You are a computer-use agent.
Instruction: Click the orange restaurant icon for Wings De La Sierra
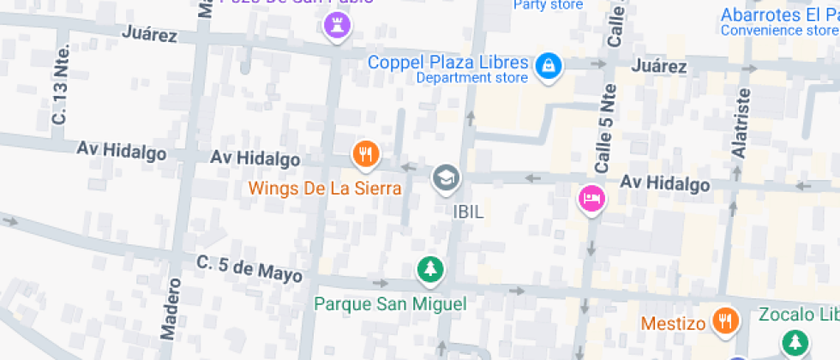(x=366, y=154)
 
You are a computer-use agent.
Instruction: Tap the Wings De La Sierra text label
(x=325, y=188)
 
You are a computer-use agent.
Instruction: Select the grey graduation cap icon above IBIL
(x=446, y=178)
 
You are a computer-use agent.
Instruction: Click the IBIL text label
(x=468, y=211)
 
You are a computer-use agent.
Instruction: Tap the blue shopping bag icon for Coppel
(x=547, y=64)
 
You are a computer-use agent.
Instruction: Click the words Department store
(x=471, y=79)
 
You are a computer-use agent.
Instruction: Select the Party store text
(x=548, y=5)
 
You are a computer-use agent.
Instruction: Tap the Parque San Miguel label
(x=390, y=303)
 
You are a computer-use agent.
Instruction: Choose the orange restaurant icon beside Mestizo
(x=725, y=321)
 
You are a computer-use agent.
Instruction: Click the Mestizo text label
(x=674, y=324)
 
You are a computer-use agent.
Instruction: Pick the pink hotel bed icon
(x=591, y=199)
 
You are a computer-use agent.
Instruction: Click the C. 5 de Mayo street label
(x=249, y=269)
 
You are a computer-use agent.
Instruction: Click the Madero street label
(x=169, y=306)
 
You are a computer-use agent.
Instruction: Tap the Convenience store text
(x=779, y=31)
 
